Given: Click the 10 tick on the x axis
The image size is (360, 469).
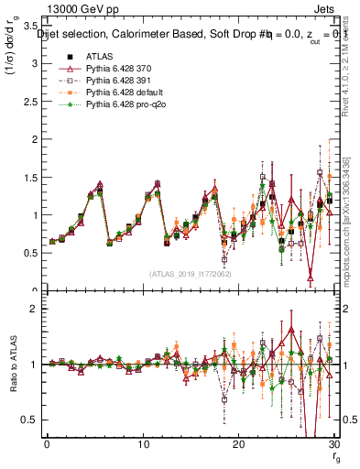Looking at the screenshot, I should click(142, 444).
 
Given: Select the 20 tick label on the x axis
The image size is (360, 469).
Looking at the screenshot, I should click(238, 444).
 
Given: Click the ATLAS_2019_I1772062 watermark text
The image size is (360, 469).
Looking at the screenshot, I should click(190, 274).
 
